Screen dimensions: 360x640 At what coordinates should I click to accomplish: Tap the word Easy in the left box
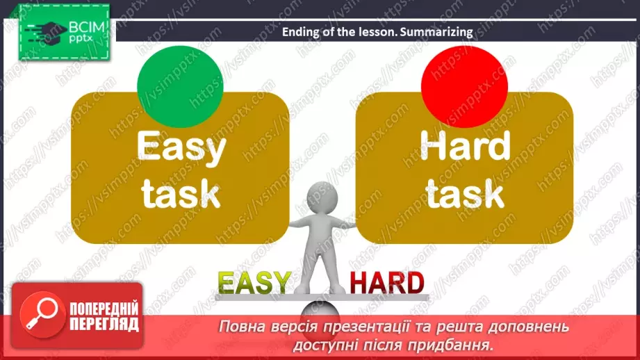(181, 147)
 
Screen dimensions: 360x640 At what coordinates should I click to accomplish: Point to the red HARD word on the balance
(386, 282)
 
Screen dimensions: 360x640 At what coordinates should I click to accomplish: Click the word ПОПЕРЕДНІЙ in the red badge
(102, 309)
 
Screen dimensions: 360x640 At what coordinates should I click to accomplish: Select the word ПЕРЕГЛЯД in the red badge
(102, 324)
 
